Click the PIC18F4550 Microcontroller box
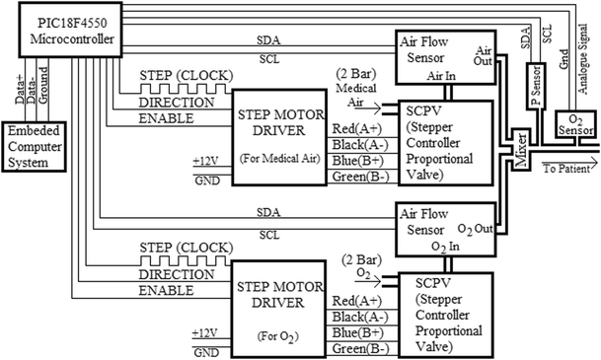pyautogui.click(x=63, y=29)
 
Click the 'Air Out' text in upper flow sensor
pyautogui.click(x=484, y=54)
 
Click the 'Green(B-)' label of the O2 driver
pyautogui.click(x=357, y=348)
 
